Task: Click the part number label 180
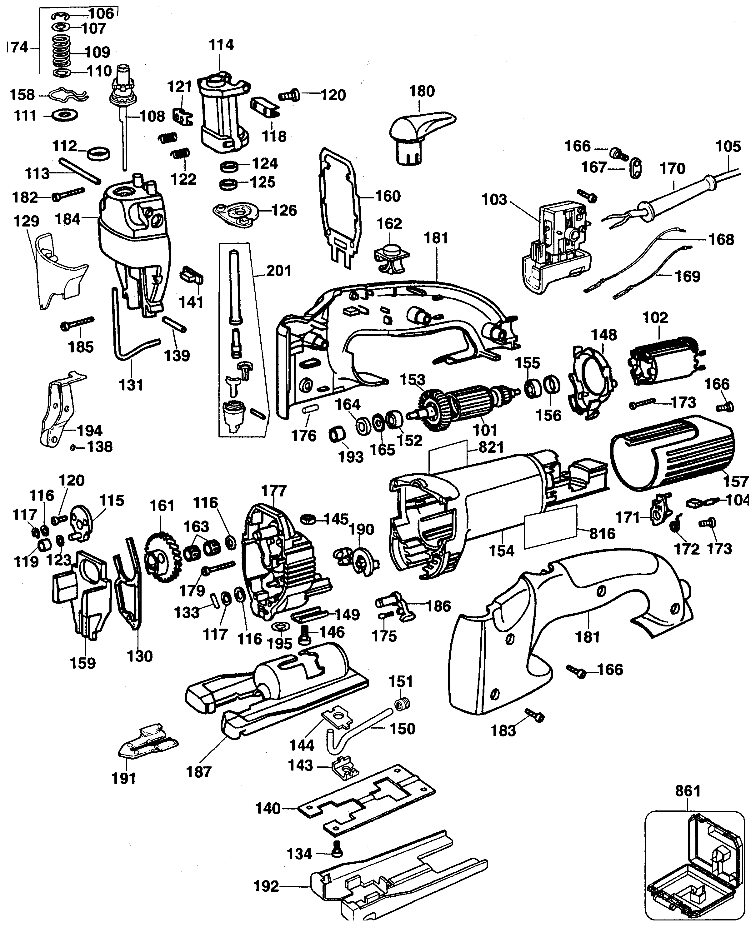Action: (422, 91)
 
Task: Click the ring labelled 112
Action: (99, 153)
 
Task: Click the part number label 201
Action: (279, 271)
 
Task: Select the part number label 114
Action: (221, 45)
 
